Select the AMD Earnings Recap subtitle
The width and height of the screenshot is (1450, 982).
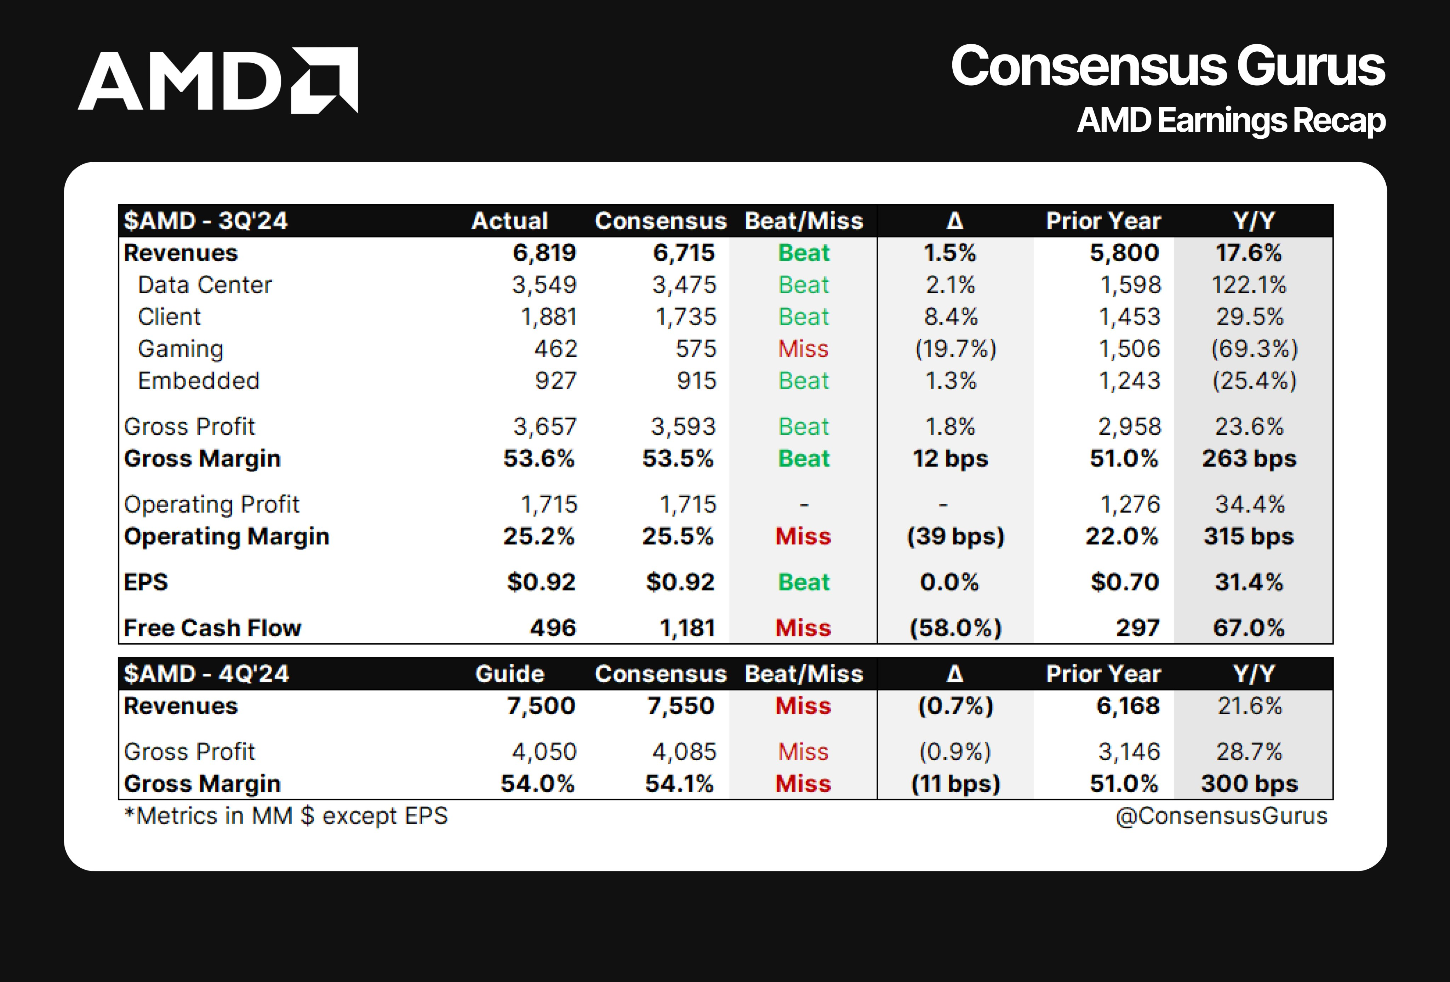pyautogui.click(x=1231, y=120)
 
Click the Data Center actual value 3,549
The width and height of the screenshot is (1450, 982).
pyautogui.click(x=544, y=285)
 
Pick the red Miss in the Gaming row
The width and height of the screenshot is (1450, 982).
pyautogui.click(x=803, y=349)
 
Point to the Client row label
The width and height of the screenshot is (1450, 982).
pyautogui.click(x=169, y=317)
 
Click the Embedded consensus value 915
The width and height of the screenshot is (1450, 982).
pyautogui.click(x=696, y=381)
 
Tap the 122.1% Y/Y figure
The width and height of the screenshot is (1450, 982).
pyautogui.click(x=1249, y=285)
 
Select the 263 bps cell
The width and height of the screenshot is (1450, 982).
pyautogui.click(x=1249, y=458)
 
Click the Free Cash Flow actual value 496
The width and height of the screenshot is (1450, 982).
pyautogui.click(x=553, y=628)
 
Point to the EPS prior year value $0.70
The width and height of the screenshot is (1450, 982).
pyautogui.click(x=1124, y=582)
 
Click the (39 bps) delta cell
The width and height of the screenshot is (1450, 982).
pyautogui.click(x=955, y=537)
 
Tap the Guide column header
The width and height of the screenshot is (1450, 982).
pyautogui.click(x=510, y=674)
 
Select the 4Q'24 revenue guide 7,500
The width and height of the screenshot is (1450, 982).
pyautogui.click(x=540, y=706)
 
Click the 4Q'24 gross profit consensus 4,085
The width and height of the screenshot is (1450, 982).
pyautogui.click(x=684, y=752)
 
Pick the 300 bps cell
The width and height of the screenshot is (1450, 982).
pyautogui.click(x=1249, y=784)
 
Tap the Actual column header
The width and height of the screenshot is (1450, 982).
pyautogui.click(x=510, y=221)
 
